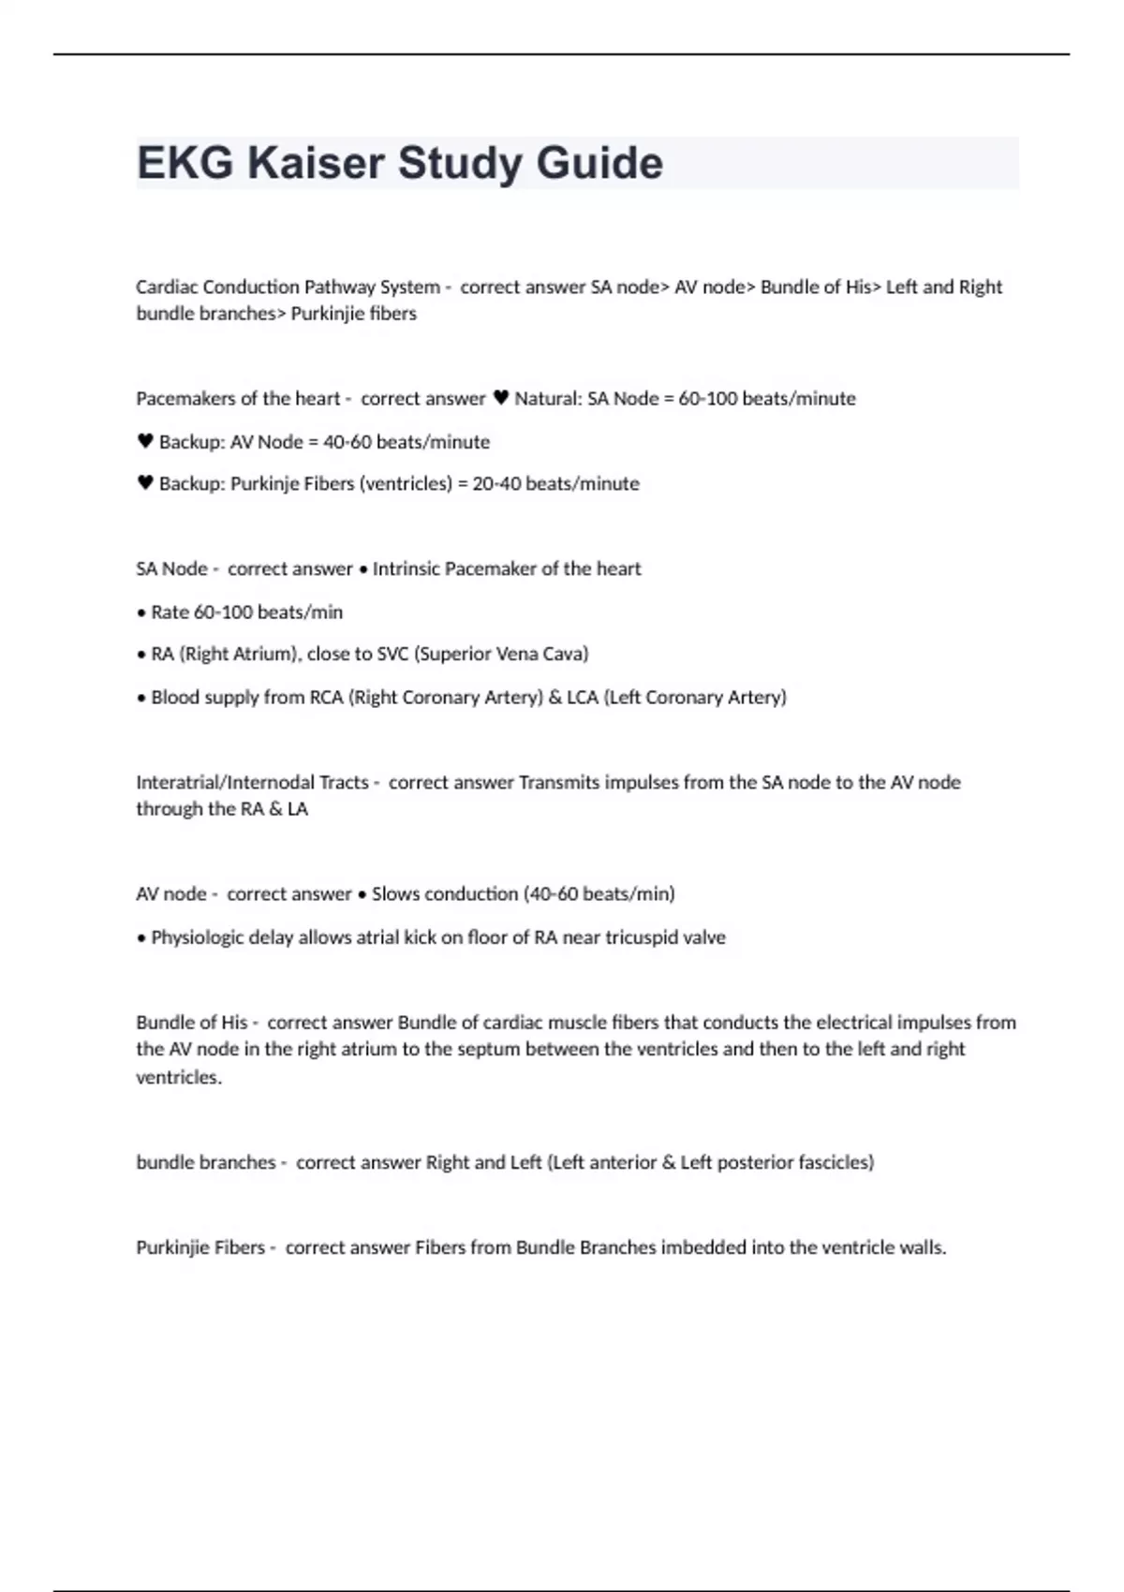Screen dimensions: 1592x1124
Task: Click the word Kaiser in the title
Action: (x=315, y=163)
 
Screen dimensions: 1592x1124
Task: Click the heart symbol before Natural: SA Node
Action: (x=500, y=398)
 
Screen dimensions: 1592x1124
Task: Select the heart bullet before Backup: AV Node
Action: (x=145, y=441)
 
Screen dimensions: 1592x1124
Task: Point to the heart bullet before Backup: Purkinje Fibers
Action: (x=145, y=483)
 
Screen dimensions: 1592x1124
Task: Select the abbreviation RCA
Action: (x=327, y=697)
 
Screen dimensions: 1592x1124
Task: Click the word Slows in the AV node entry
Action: (x=396, y=893)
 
